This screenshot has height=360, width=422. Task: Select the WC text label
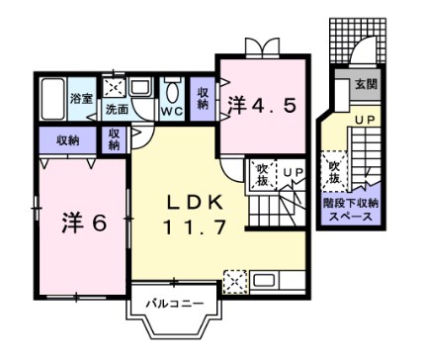(x=171, y=111)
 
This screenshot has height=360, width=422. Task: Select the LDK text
(x=196, y=202)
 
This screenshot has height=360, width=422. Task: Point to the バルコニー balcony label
(x=167, y=303)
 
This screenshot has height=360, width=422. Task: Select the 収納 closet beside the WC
(x=203, y=98)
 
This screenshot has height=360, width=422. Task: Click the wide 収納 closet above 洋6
(x=67, y=138)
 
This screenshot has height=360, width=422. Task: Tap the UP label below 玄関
(x=364, y=121)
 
